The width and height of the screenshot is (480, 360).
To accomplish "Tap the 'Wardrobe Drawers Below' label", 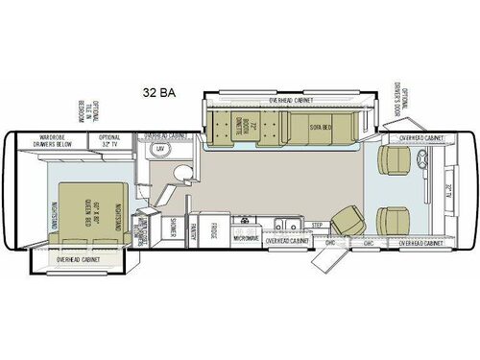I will click(52, 142).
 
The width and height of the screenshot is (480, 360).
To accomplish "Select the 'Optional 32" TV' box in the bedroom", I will click(110, 142).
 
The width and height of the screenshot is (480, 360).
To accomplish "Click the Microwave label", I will click(247, 236).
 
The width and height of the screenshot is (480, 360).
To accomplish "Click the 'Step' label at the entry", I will click(317, 224).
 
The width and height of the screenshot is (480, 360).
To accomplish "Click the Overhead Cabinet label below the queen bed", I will click(81, 259).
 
